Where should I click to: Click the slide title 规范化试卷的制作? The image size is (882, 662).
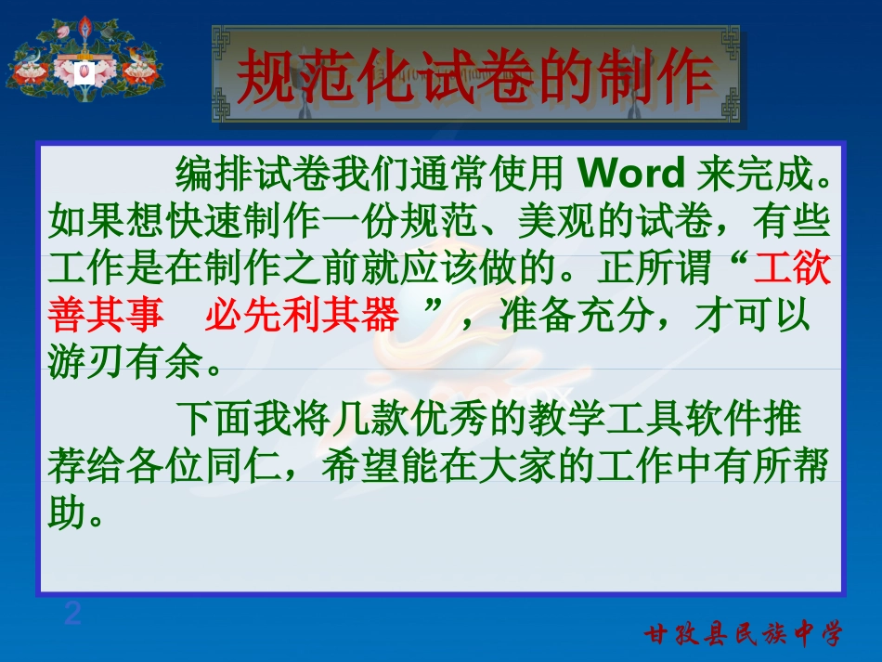(x=474, y=78)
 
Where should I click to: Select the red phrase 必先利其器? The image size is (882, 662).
(x=301, y=317)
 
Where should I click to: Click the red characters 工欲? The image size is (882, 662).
(x=793, y=269)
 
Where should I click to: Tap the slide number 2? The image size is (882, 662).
(x=72, y=614)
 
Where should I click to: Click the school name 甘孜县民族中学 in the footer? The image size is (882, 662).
(x=744, y=634)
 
